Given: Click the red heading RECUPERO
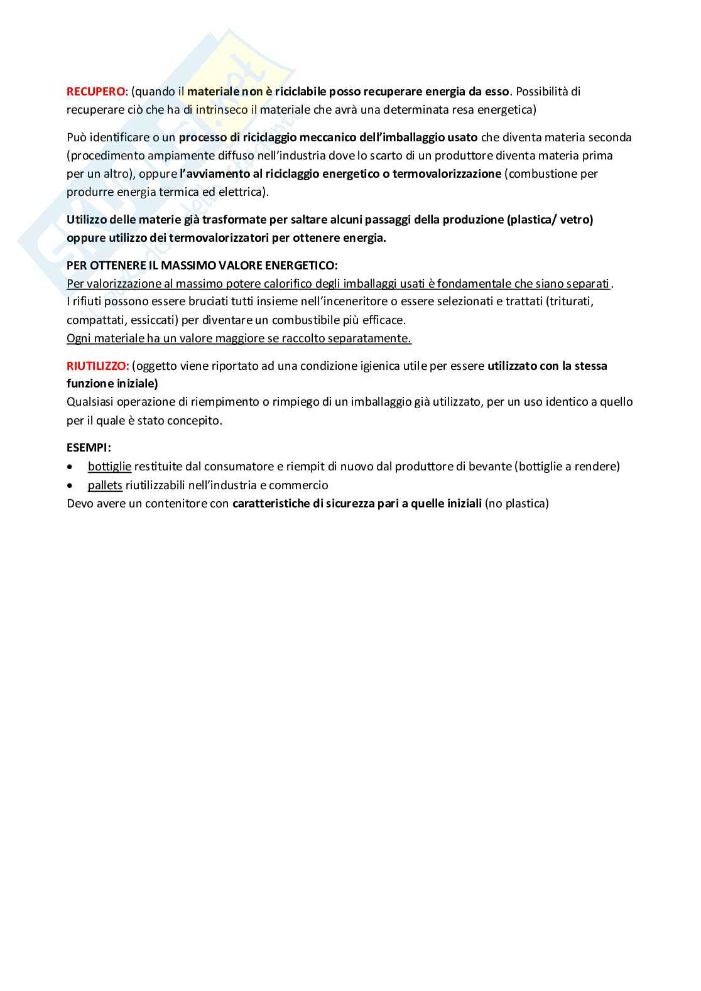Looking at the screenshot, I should [95, 91].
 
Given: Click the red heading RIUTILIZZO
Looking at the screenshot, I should [97, 366].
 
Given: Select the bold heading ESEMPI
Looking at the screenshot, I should [89, 448].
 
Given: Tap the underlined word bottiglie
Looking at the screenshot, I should [109, 466].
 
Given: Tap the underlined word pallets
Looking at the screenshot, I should [105, 485].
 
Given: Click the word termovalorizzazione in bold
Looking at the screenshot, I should [447, 173].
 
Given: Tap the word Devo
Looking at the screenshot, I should [80, 503].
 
